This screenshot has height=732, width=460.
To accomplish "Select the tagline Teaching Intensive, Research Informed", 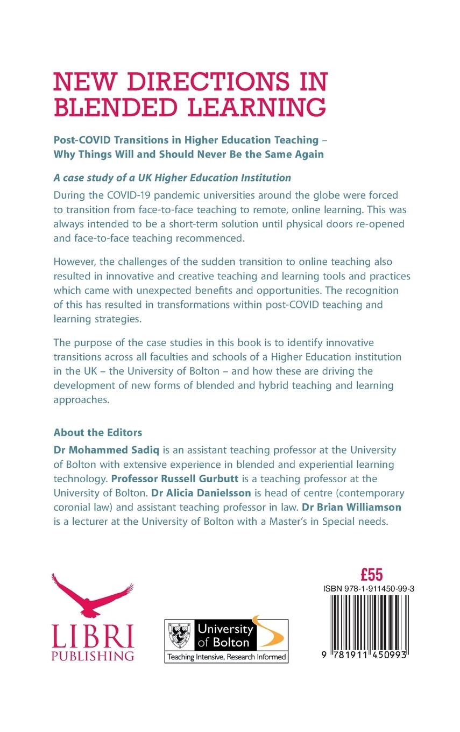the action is [226, 657].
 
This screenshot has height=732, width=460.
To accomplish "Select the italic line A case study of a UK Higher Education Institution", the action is [173, 177].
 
